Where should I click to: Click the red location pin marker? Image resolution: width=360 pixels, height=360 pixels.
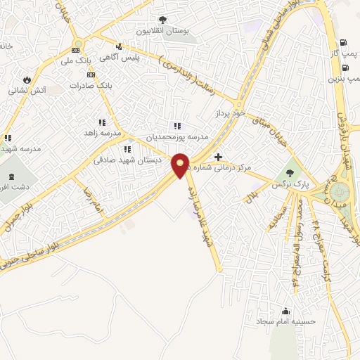click(x=181, y=165)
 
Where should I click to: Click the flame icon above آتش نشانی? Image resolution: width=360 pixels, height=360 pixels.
click(x=28, y=79)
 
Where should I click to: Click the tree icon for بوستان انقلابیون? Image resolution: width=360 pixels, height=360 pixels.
click(x=162, y=20)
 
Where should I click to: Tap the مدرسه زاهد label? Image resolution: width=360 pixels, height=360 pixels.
click(x=103, y=133)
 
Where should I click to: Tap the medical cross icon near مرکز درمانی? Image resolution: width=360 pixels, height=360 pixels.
click(x=219, y=157)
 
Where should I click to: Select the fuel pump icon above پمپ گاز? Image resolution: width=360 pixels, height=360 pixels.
click(x=342, y=42)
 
